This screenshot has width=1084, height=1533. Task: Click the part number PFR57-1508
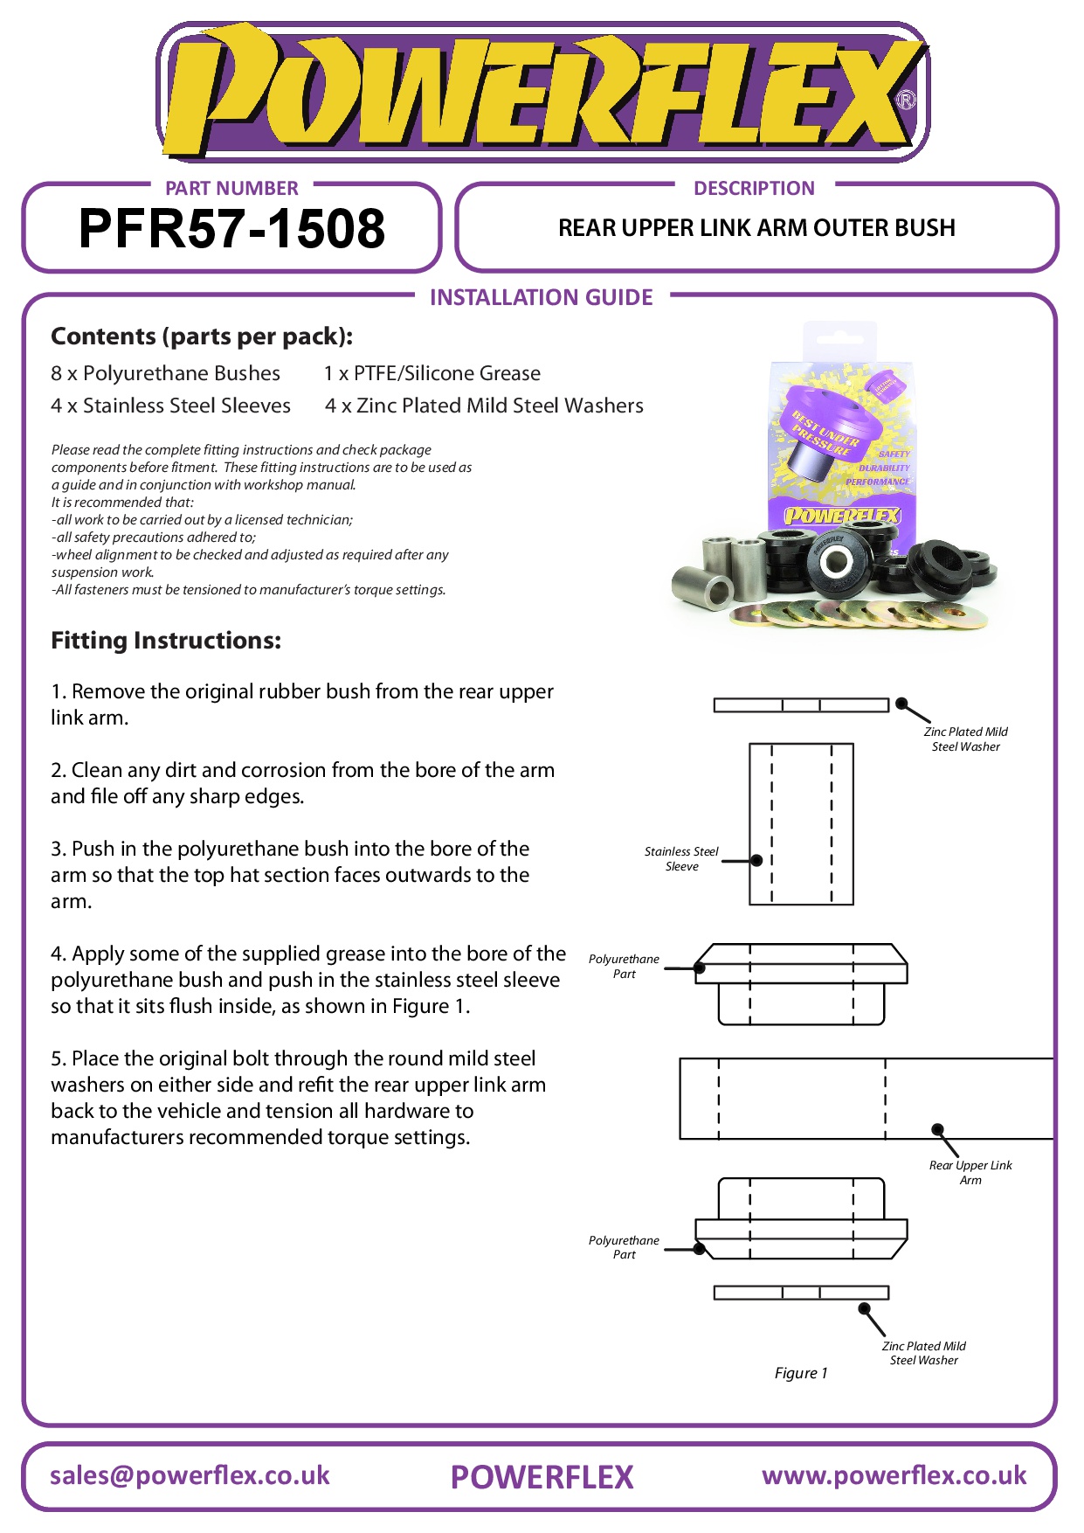pyautogui.click(x=231, y=229)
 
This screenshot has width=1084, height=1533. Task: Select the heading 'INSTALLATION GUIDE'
pyautogui.click(x=541, y=298)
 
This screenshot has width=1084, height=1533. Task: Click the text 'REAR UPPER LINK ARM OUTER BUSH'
pyautogui.click(x=756, y=228)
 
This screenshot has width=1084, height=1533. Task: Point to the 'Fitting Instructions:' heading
pyautogui.click(x=166, y=641)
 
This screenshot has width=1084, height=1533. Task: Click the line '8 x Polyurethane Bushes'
pyautogui.click(x=165, y=373)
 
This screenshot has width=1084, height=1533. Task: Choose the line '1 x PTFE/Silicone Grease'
pyautogui.click(x=432, y=373)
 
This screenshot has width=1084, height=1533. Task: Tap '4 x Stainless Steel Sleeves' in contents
pyautogui.click(x=170, y=406)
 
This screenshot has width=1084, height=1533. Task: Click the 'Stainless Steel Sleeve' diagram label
pyautogui.click(x=681, y=858)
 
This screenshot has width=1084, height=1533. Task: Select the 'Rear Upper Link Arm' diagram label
pyautogui.click(x=970, y=1172)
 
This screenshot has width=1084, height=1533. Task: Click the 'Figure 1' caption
pyautogui.click(x=801, y=1373)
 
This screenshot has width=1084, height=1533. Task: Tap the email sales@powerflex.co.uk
pyautogui.click(x=190, y=1475)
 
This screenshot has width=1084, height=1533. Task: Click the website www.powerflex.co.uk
pyautogui.click(x=894, y=1475)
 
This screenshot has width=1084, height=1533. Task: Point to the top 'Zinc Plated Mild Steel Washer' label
pyautogui.click(x=965, y=739)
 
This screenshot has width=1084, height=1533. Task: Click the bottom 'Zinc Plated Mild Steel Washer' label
pyautogui.click(x=923, y=1353)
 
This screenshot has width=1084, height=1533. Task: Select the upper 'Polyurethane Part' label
pyautogui.click(x=624, y=966)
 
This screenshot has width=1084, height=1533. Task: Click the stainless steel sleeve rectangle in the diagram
pyautogui.click(x=801, y=823)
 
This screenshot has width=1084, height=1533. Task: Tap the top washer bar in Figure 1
pyautogui.click(x=801, y=705)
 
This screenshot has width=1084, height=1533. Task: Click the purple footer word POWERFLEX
pyautogui.click(x=542, y=1477)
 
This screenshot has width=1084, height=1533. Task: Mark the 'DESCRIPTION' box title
pyautogui.click(x=754, y=188)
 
